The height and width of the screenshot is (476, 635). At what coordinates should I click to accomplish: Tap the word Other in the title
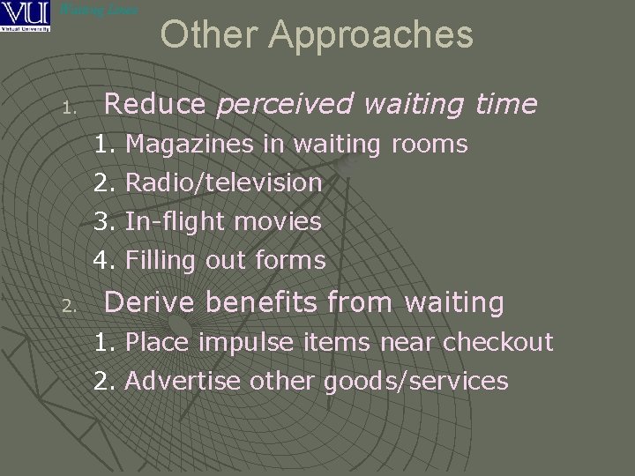pyautogui.click(x=210, y=35)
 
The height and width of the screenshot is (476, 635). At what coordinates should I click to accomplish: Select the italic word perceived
pyautogui.click(x=286, y=105)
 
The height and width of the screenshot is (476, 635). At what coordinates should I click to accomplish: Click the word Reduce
pyautogui.click(x=154, y=105)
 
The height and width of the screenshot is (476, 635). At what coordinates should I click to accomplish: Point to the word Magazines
pyautogui.click(x=190, y=144)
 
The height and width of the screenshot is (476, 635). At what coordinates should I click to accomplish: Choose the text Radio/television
pyautogui.click(x=224, y=182)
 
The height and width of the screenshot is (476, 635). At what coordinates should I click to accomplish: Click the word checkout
pyautogui.click(x=497, y=342)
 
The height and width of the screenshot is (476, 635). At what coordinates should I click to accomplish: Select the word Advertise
pyautogui.click(x=183, y=381)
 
